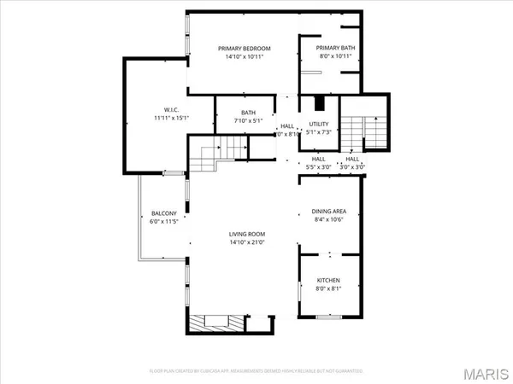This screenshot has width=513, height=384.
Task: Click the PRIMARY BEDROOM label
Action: pos(243,48)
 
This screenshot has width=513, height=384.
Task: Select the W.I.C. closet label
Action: pos(169,109)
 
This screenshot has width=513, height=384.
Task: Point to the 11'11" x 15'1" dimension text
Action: pos(169,119)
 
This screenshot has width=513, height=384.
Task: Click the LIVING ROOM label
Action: pos(247,234)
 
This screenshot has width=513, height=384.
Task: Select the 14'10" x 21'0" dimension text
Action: pos(247,243)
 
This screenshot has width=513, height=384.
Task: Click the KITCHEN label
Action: pos(329,280)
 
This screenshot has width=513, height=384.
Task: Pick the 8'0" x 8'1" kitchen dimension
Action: pos(329,289)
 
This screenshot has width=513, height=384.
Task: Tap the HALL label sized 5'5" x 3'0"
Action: pos(318,159)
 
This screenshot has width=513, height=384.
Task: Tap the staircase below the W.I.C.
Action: pos(208,157)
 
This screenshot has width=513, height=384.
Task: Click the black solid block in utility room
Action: pos(320,103)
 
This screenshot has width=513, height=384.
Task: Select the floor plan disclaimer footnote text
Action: pos(256,372)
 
